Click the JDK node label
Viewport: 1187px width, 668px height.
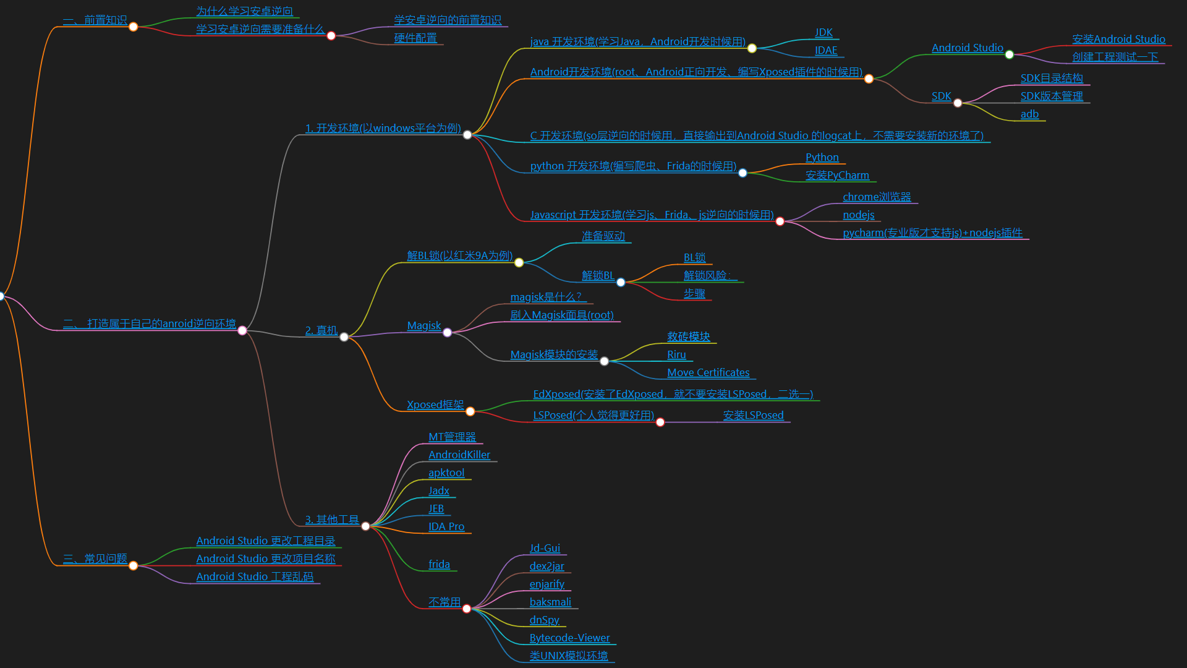coord(823,33)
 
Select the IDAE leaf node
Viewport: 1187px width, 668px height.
coord(826,51)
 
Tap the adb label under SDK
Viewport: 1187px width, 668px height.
coord(1029,114)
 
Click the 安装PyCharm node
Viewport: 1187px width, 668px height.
coord(837,176)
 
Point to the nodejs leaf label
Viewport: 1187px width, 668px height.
coord(859,215)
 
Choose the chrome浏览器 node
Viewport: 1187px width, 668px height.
coord(877,197)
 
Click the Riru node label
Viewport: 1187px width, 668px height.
coord(676,355)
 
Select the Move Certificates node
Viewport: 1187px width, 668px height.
coord(708,373)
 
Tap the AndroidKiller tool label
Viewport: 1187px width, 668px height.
coord(459,455)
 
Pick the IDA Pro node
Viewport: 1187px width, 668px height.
coord(446,527)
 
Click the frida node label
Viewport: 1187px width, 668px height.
coord(439,565)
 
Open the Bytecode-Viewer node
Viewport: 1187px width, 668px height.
coord(569,638)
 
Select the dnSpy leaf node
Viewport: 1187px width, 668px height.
coord(544,620)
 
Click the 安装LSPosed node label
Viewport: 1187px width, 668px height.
coord(753,416)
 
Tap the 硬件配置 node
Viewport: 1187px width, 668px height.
coord(415,38)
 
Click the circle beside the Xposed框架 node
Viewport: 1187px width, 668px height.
coord(470,412)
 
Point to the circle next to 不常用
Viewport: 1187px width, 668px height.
coord(467,609)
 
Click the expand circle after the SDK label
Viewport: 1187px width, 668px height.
coord(958,103)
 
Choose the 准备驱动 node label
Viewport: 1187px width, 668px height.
coord(603,236)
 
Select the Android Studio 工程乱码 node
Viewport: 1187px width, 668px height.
coord(255,577)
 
